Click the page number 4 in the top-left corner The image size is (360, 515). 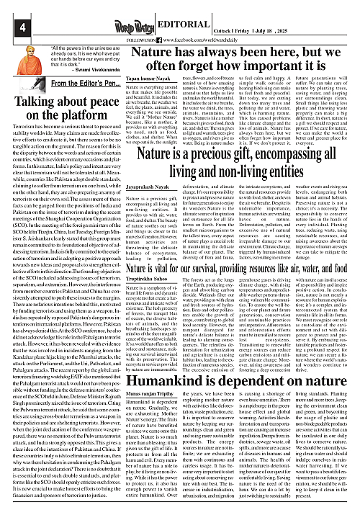point(9,8)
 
